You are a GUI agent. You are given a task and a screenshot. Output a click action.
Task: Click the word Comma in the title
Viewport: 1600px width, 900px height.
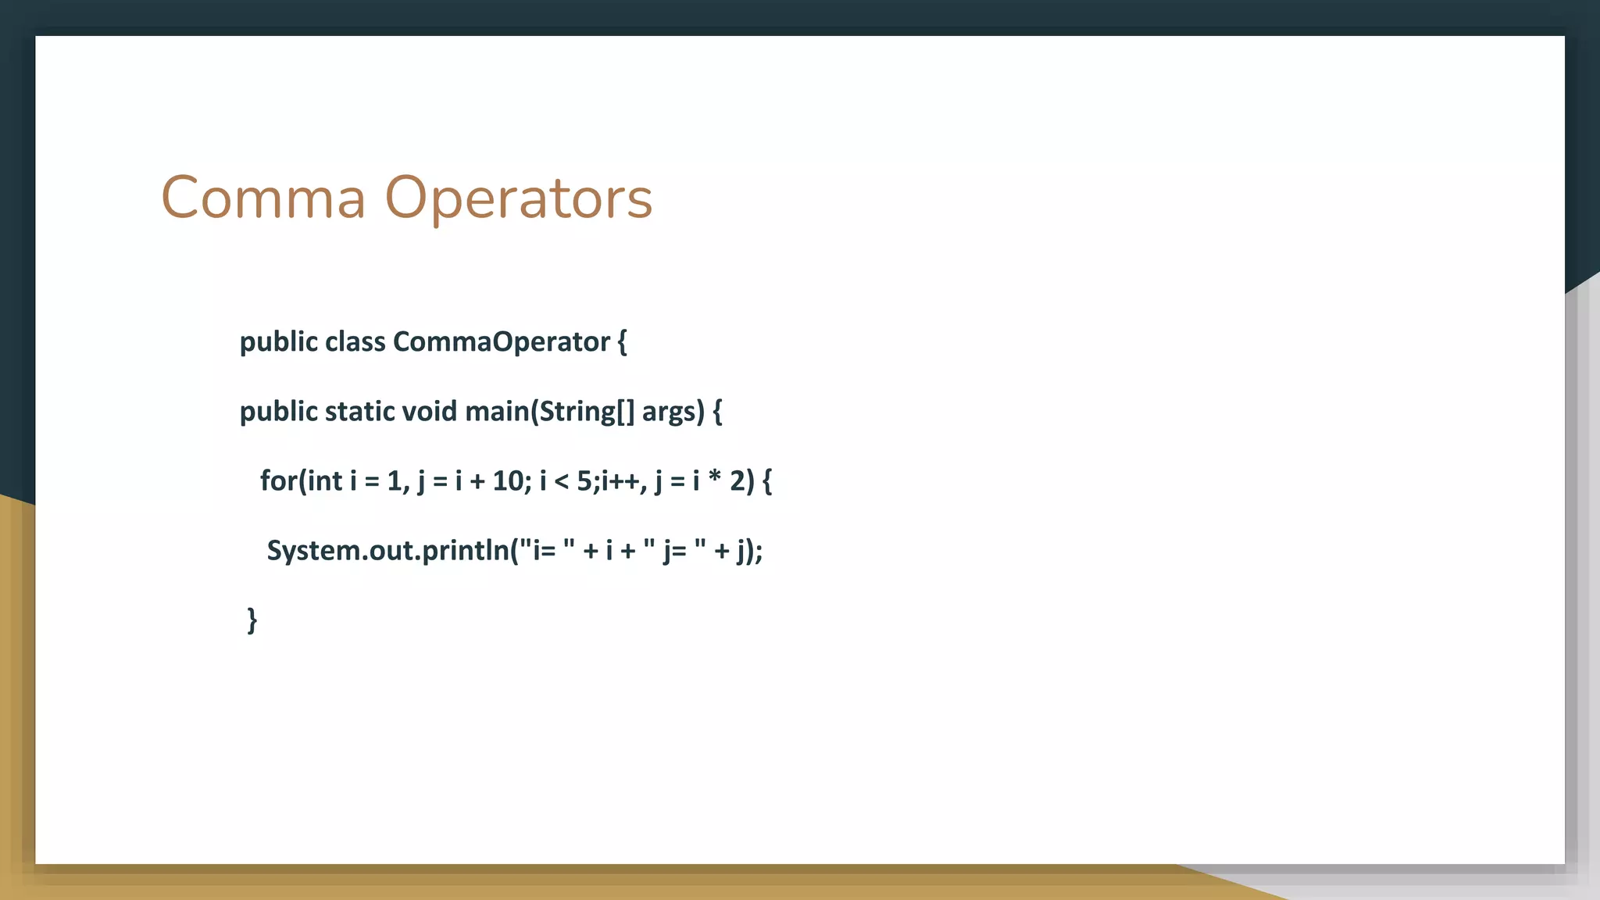[x=263, y=198]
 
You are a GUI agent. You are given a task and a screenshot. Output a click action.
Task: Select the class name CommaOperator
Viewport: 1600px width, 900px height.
[x=501, y=342]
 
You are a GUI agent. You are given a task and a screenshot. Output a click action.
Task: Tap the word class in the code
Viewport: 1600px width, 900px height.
[x=355, y=342]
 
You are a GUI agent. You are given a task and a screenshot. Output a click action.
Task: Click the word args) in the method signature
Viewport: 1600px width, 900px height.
[x=673, y=412]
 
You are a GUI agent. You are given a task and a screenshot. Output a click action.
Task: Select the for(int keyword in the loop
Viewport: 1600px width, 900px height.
[x=301, y=481]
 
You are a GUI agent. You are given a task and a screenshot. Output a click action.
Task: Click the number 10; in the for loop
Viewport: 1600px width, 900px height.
[x=512, y=481]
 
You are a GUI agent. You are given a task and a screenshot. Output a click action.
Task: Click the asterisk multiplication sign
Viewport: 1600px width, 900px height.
[x=714, y=478]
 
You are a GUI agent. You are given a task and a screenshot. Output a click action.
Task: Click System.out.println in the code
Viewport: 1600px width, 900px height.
[x=387, y=551]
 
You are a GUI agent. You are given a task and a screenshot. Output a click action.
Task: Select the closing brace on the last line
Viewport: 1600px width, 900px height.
[x=252, y=620]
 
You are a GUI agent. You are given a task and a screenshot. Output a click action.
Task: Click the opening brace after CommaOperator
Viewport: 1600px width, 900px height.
[x=622, y=342]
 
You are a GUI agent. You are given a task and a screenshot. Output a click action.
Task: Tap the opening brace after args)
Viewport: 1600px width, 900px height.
[x=718, y=412]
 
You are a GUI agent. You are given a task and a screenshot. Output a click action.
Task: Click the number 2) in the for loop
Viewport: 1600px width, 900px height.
[x=742, y=481]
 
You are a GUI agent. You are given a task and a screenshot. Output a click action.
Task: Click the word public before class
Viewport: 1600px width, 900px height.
[x=278, y=342]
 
